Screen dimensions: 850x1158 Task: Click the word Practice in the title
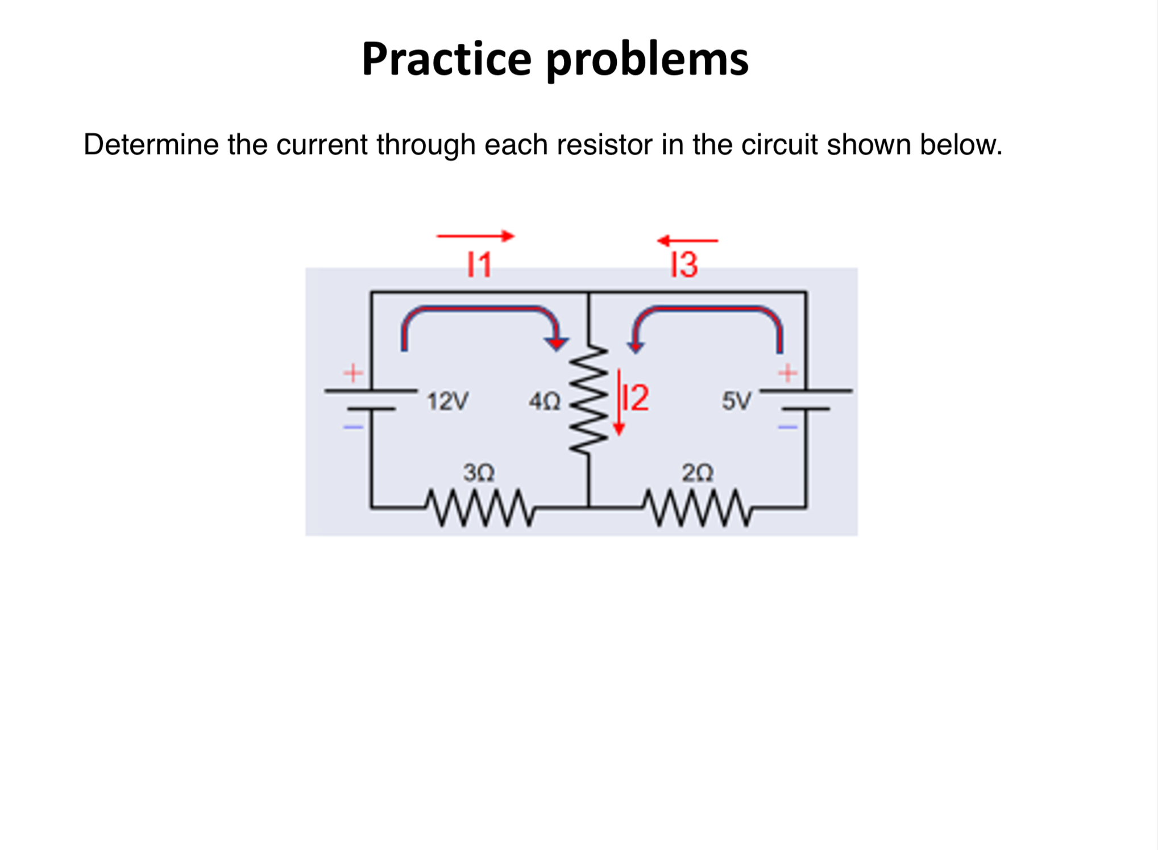point(446,59)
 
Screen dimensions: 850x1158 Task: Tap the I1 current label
point(479,265)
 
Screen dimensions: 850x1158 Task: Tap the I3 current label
point(684,265)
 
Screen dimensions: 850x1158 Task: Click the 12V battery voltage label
point(447,401)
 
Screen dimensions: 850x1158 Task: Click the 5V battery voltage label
point(736,401)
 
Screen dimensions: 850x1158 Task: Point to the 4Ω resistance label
point(544,402)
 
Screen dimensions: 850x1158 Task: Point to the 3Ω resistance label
point(478,473)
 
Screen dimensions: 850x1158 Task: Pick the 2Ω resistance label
point(697,473)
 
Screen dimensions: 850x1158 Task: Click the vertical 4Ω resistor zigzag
point(589,401)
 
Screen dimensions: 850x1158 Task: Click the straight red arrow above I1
point(475,236)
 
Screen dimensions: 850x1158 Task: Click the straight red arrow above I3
point(687,241)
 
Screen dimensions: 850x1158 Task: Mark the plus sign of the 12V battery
point(353,373)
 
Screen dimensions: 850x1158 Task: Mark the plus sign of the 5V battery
point(787,373)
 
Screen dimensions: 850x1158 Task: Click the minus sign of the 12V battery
point(353,426)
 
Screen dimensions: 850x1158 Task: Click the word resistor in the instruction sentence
point(604,144)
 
